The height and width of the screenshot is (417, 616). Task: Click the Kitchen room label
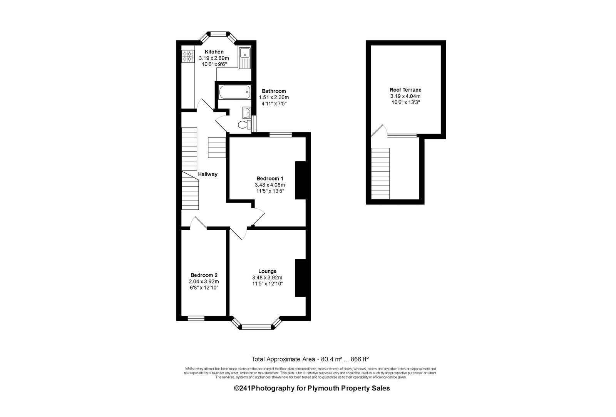point(214,52)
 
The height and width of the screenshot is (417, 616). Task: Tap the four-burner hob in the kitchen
point(188,56)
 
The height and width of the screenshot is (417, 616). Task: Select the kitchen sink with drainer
point(245,58)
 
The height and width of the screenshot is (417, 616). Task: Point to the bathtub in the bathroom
point(234,92)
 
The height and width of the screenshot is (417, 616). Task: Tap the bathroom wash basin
point(247,112)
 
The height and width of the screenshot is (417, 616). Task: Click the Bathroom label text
point(274,91)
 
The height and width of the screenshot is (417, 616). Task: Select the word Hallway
point(208,174)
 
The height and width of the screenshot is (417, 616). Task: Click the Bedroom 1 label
point(270,179)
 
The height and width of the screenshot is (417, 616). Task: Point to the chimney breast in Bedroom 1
point(301,180)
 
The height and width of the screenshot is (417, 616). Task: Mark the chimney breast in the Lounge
point(301,278)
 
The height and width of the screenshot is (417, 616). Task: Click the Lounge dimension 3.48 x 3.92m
point(267,278)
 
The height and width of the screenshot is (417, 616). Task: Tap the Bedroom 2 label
point(204,275)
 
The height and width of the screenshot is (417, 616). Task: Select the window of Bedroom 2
point(196,318)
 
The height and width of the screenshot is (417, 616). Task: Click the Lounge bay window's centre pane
point(256,327)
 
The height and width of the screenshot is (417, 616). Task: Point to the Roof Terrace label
point(405,90)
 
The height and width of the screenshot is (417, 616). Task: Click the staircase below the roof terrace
point(380,174)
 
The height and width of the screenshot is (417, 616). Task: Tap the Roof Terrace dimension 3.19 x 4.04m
point(405,96)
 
